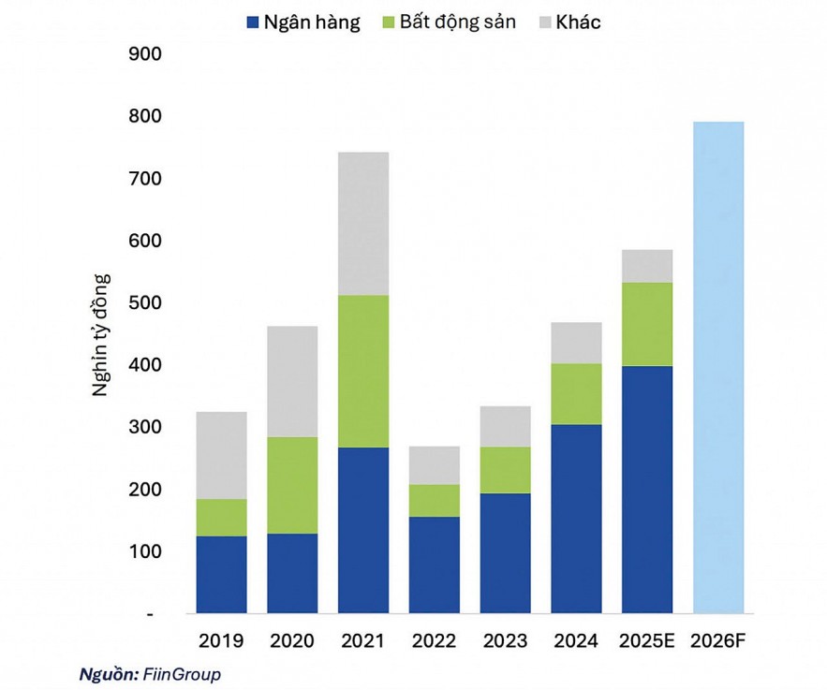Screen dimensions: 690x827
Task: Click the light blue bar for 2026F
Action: point(718,367)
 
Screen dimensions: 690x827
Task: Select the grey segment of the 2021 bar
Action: point(363,224)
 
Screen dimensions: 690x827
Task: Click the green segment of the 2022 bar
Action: point(435,500)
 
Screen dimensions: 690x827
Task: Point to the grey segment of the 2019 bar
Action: point(221,455)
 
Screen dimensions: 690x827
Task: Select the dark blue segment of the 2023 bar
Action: point(506,552)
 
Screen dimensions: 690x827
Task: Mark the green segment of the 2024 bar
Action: point(576,393)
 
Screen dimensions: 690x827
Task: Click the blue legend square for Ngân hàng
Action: point(252,23)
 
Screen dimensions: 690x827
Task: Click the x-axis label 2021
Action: point(363,641)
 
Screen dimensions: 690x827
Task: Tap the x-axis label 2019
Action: point(221,641)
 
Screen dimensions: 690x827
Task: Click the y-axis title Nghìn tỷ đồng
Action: point(100,334)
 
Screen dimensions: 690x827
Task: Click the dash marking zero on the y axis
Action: point(149,615)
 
